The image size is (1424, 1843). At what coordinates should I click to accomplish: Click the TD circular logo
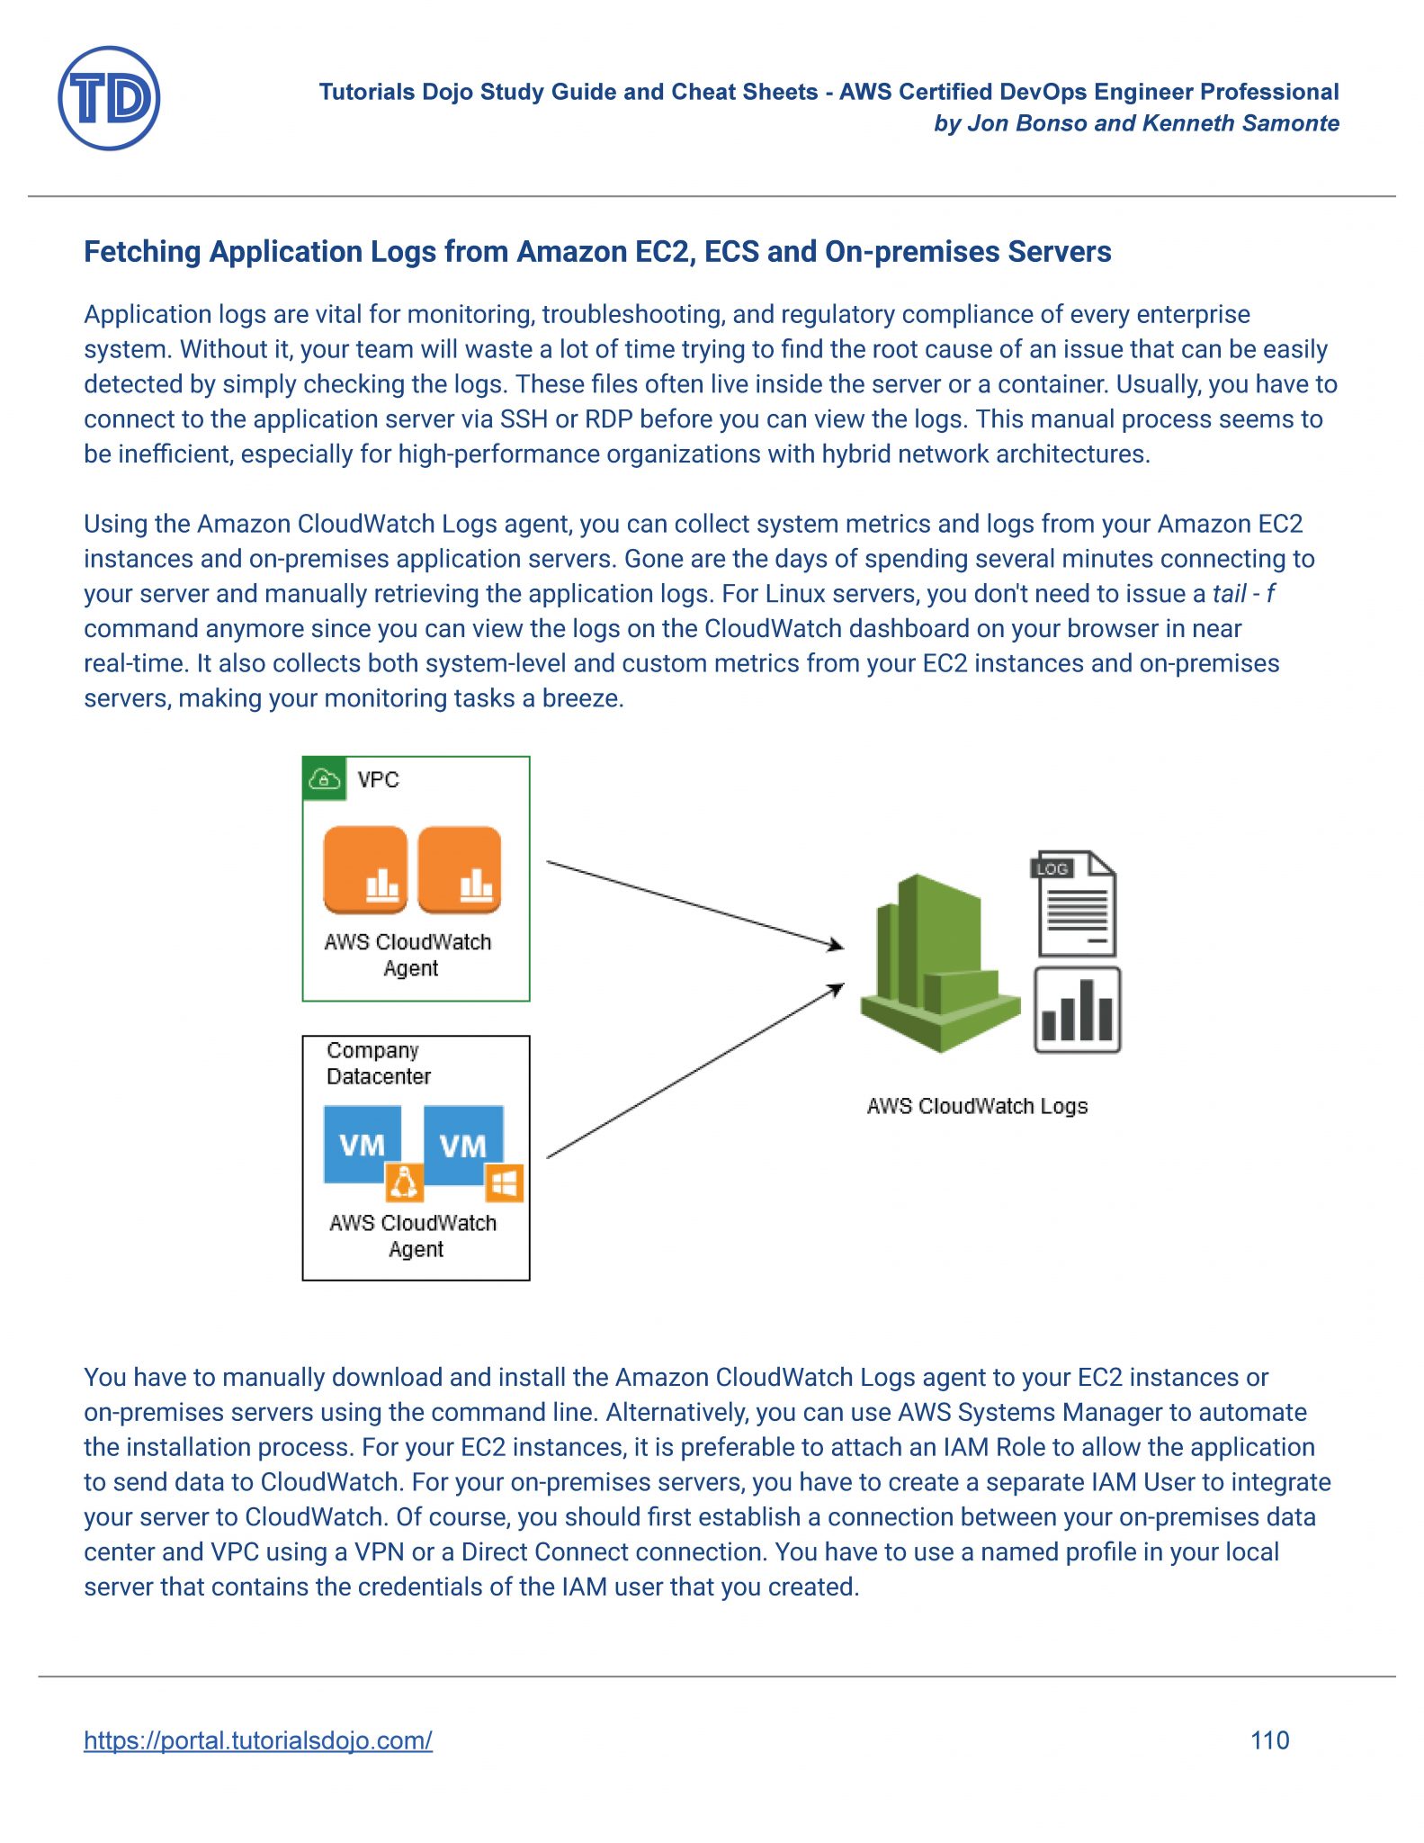tap(109, 98)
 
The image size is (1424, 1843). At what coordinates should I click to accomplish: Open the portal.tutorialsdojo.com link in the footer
tap(257, 1740)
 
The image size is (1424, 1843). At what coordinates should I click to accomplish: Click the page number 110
tap(1269, 1740)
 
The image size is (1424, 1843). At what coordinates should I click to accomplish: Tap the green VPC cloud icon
tap(324, 778)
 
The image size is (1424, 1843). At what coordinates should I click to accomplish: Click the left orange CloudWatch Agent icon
tap(365, 869)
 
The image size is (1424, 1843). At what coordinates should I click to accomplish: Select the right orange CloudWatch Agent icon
tap(460, 869)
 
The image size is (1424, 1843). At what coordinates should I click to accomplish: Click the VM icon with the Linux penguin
tap(363, 1146)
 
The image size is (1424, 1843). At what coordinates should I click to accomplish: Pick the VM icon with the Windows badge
tap(463, 1146)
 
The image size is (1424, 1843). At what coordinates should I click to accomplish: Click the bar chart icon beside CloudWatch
tap(1077, 1010)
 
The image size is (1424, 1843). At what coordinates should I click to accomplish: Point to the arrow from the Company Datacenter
tap(694, 1071)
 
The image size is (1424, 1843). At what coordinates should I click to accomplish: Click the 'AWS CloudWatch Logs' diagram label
tap(977, 1106)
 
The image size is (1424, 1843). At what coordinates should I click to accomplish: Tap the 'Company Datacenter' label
tap(378, 1063)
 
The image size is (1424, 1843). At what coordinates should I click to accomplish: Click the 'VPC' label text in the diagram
tap(378, 779)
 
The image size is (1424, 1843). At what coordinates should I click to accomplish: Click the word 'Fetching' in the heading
tap(141, 252)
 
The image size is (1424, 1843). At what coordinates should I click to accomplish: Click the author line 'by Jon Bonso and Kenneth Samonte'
tap(1136, 123)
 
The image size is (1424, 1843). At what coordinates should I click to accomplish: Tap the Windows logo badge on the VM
tap(505, 1183)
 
